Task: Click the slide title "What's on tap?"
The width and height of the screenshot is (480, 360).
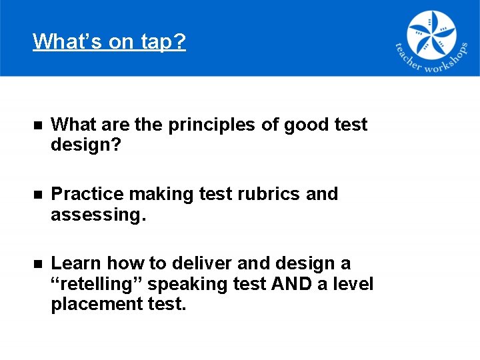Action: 109,41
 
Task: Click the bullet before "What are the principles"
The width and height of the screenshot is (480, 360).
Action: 38,125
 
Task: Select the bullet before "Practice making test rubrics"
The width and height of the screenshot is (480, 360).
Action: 38,195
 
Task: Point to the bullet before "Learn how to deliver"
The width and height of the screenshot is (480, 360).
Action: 38,264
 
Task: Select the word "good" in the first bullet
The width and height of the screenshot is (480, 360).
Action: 305,125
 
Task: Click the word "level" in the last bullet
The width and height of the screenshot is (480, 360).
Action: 352,284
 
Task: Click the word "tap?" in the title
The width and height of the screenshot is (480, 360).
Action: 163,41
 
